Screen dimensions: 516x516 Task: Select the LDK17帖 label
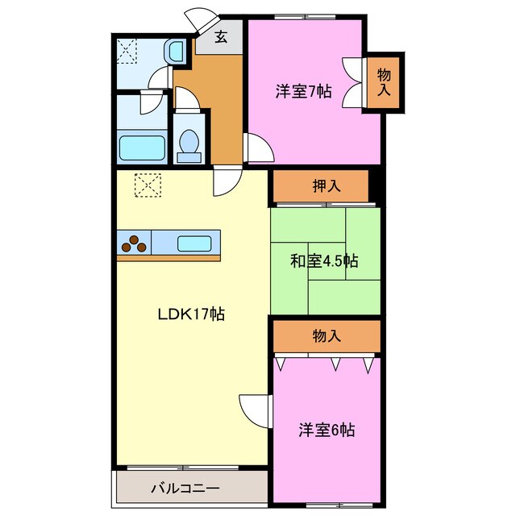coord(190,314)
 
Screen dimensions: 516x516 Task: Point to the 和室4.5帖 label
coord(324,261)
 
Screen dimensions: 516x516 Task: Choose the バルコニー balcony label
coord(185,488)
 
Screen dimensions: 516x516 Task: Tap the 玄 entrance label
coord(220,36)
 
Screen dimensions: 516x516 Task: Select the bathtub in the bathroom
coord(143,148)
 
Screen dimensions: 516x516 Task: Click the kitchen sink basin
coord(193,241)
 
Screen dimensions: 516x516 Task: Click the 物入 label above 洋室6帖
coord(326,336)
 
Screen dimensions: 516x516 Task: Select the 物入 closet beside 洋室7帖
coord(385,82)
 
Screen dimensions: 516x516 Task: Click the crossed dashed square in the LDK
coord(148,186)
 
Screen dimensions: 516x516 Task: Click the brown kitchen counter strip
coord(169,258)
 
